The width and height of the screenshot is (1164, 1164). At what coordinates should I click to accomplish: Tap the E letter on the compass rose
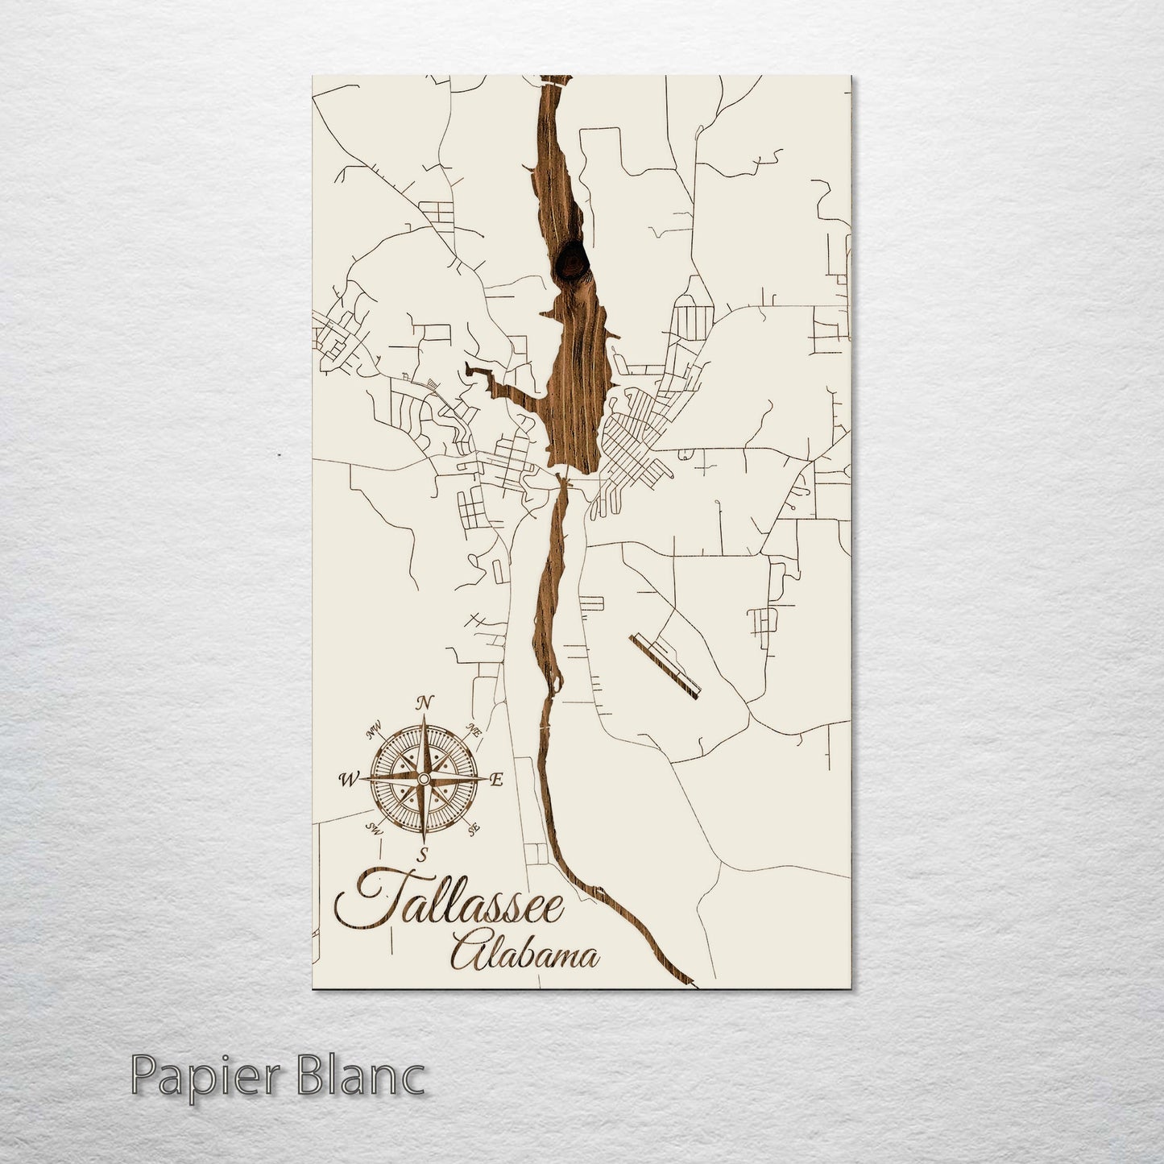point(496,780)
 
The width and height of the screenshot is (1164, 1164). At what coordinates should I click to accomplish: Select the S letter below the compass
point(420,855)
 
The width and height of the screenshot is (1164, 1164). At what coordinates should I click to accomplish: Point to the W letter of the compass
point(349,779)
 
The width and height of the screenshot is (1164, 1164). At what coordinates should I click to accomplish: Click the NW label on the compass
point(373,732)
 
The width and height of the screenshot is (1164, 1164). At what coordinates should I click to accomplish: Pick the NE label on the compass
point(474,732)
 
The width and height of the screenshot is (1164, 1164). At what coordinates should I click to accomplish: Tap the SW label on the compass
point(373,827)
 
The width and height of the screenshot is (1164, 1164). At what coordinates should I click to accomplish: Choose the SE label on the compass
point(474,827)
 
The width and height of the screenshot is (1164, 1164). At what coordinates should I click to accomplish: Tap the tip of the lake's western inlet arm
point(467,371)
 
